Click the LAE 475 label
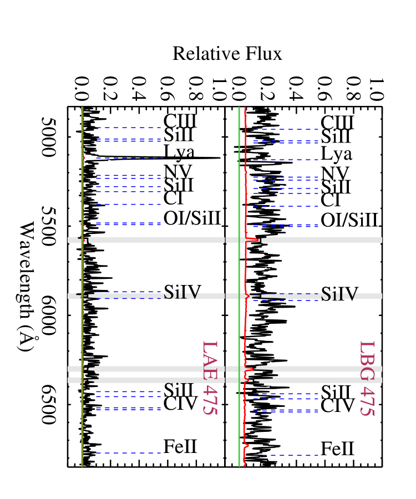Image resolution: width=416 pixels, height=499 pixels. tap(209, 378)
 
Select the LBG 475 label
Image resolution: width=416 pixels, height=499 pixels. tap(367, 378)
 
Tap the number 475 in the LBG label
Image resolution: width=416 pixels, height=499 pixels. tap(367, 400)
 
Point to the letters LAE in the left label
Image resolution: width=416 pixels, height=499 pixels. tap(209, 359)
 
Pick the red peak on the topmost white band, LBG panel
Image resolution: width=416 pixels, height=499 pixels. tap(253, 240)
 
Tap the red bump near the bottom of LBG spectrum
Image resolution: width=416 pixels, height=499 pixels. tap(247, 445)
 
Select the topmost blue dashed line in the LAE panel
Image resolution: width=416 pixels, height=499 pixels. tap(128, 128)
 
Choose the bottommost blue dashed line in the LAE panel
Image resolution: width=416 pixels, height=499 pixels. tap(128, 453)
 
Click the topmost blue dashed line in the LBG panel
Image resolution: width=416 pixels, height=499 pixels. tap(286, 129)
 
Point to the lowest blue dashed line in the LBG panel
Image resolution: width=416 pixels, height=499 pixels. tap(286, 455)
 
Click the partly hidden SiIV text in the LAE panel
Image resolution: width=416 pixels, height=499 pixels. tap(181, 294)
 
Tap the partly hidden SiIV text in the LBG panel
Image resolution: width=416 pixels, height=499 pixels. tap(338, 294)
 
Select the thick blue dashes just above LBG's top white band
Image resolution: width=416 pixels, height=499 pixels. tap(286, 226)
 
